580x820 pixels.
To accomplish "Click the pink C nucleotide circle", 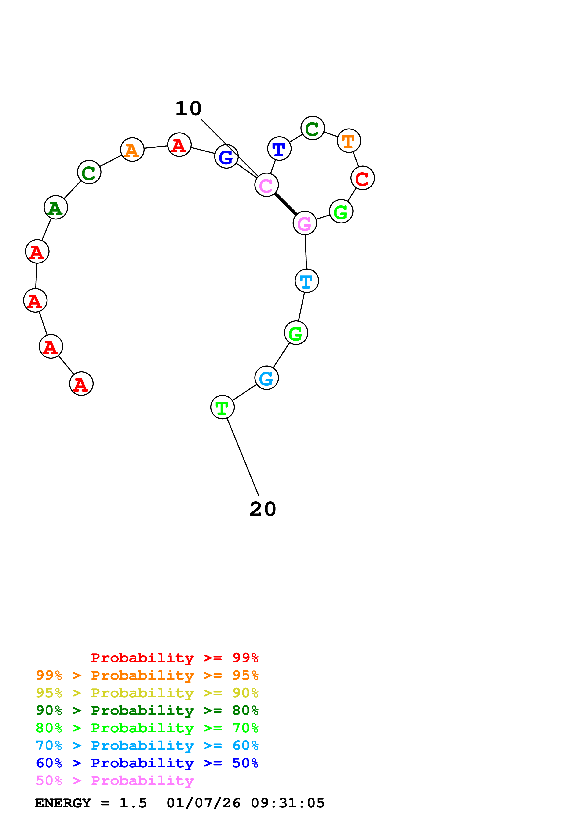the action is click(266, 185).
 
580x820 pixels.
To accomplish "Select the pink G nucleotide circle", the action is click(304, 223).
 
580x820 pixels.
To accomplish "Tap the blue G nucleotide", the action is click(226, 156).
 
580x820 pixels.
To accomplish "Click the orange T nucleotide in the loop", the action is click(349, 141).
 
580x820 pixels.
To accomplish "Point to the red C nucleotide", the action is click(362, 178).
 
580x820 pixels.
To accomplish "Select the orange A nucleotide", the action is click(132, 150).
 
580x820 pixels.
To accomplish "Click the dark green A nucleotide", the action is click(56, 208).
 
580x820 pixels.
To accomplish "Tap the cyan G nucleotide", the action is click(266, 378).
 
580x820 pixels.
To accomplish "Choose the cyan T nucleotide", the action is click(307, 281).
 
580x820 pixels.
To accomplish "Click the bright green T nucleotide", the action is click(222, 407).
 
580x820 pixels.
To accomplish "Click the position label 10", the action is click(188, 108).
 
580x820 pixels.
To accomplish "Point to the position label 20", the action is click(263, 509).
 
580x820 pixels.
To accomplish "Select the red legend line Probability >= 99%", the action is click(174, 658).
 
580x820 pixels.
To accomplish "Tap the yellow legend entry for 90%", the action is click(147, 693).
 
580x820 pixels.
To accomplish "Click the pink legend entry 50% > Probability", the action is click(115, 781).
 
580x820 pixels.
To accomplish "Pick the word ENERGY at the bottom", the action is click(63, 803).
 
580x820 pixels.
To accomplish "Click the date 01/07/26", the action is click(203, 803).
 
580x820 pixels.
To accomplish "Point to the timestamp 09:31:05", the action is click(288, 803).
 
